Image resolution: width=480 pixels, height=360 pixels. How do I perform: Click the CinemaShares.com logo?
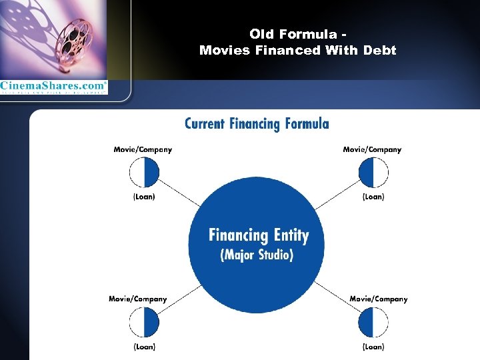pos(53,87)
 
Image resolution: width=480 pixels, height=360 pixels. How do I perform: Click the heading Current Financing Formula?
pos(257,123)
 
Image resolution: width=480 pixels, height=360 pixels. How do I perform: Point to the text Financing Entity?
pos(259,235)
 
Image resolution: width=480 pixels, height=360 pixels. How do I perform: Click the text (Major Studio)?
pos(257,255)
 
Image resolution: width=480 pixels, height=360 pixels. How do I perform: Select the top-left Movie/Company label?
pos(143,149)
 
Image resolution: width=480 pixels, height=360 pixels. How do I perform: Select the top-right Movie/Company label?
pos(372,149)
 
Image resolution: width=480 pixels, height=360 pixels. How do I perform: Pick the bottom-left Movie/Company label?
pos(138,299)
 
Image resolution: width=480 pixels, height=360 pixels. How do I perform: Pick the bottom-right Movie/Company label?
pos(378,299)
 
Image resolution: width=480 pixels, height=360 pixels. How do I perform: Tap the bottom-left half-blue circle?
pos(144,323)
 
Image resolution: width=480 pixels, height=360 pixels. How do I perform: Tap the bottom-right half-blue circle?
pos(373,323)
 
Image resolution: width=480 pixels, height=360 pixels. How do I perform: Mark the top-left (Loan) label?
pos(144,197)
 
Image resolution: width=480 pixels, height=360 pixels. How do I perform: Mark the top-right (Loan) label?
pos(373,197)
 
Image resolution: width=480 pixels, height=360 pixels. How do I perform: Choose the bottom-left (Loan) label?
pos(144,347)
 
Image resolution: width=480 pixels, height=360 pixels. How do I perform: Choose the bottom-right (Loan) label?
pos(373,347)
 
